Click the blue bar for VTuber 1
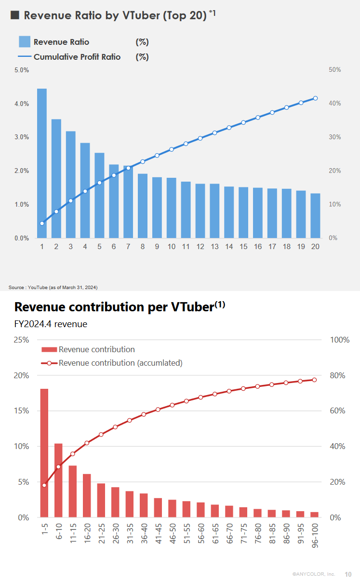click(42, 163)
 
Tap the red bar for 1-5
click(44, 453)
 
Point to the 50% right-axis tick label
click(335, 70)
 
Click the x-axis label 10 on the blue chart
click(172, 247)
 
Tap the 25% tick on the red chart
click(22, 340)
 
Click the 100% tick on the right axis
click(340, 340)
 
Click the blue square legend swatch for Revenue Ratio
click(25, 42)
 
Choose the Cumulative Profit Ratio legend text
click(77, 57)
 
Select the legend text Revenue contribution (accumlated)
click(120, 363)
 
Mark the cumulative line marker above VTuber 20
click(316, 98)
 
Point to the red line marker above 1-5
click(44, 485)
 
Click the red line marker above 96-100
click(314, 380)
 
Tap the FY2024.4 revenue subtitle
click(51, 324)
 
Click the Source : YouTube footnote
click(53, 288)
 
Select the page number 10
click(348, 574)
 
